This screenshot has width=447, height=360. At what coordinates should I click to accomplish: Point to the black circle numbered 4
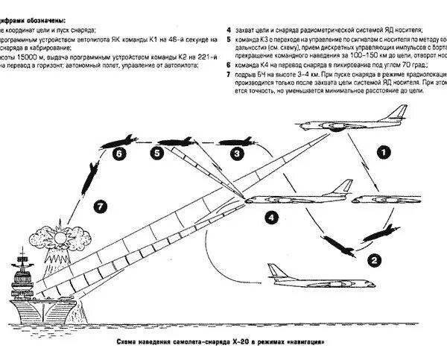(x=273, y=218)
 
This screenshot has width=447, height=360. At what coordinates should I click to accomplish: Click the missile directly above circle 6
(x=118, y=139)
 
